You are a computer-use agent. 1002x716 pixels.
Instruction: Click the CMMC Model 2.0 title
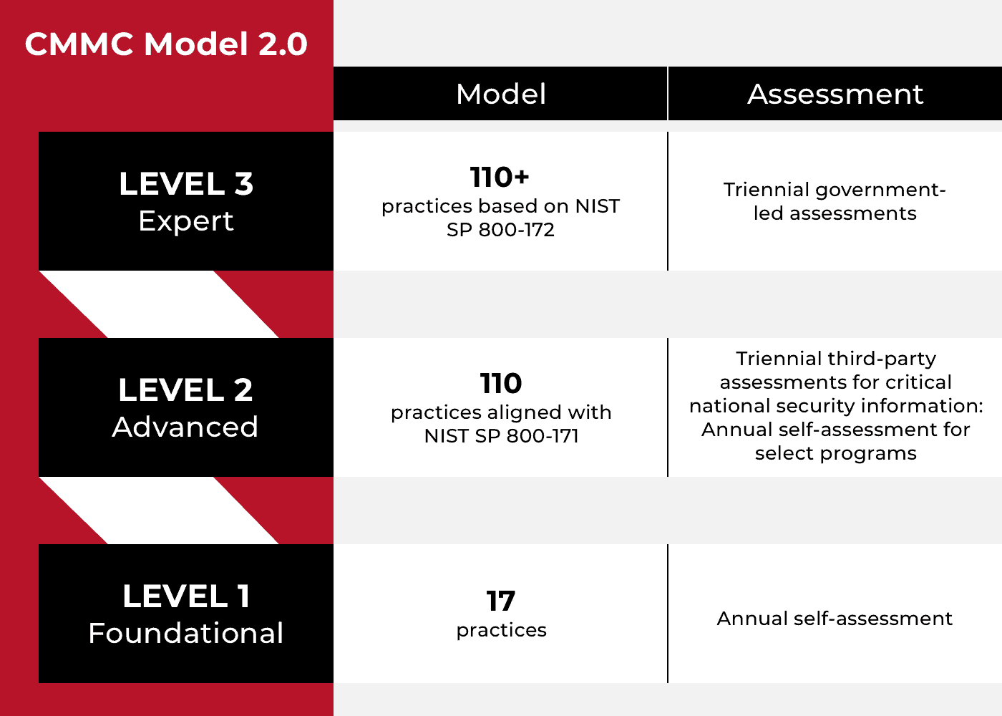(x=166, y=44)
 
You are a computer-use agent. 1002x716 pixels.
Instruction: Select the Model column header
(x=500, y=94)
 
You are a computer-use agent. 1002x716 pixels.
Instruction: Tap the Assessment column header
(x=835, y=94)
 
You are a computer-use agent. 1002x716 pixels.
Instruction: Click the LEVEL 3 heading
(x=186, y=183)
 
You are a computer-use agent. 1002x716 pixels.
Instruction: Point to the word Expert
(x=186, y=221)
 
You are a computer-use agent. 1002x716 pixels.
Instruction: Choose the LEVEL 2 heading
(x=185, y=390)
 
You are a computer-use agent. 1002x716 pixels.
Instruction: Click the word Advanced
(x=185, y=427)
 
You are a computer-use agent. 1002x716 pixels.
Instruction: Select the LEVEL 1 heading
(x=186, y=596)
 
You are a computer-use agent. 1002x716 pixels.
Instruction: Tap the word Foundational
(x=186, y=633)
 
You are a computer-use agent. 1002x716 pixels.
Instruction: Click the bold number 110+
(x=500, y=177)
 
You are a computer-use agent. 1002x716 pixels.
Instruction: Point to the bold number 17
(x=501, y=601)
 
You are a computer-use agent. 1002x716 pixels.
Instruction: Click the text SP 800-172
(x=500, y=230)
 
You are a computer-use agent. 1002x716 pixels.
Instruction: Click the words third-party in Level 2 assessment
(x=882, y=359)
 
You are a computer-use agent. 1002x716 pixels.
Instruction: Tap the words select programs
(x=836, y=454)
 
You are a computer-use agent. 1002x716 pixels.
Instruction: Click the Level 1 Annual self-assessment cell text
(x=835, y=619)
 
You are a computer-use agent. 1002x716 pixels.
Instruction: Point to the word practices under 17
(x=502, y=631)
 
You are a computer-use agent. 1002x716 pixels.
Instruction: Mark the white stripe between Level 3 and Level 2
(x=159, y=304)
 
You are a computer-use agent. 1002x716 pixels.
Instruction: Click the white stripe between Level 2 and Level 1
(x=159, y=511)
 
